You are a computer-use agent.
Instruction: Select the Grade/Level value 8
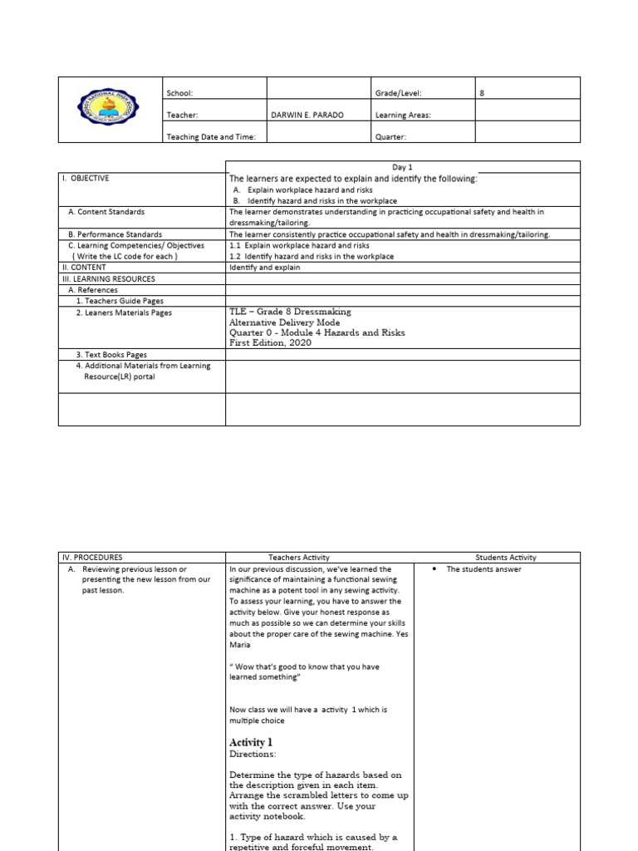pos(482,94)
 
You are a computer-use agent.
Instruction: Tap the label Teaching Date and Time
pos(211,136)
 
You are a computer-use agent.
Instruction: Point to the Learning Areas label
pos(403,116)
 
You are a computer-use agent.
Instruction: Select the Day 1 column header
pos(402,167)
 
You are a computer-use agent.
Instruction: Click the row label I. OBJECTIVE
pos(86,178)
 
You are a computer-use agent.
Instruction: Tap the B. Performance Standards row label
pos(115,234)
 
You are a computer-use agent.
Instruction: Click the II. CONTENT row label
pos(84,268)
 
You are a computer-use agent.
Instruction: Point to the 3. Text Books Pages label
pos(111,354)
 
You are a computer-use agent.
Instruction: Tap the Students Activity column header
pos(505,558)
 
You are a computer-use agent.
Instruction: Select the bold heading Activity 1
pos(250,742)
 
